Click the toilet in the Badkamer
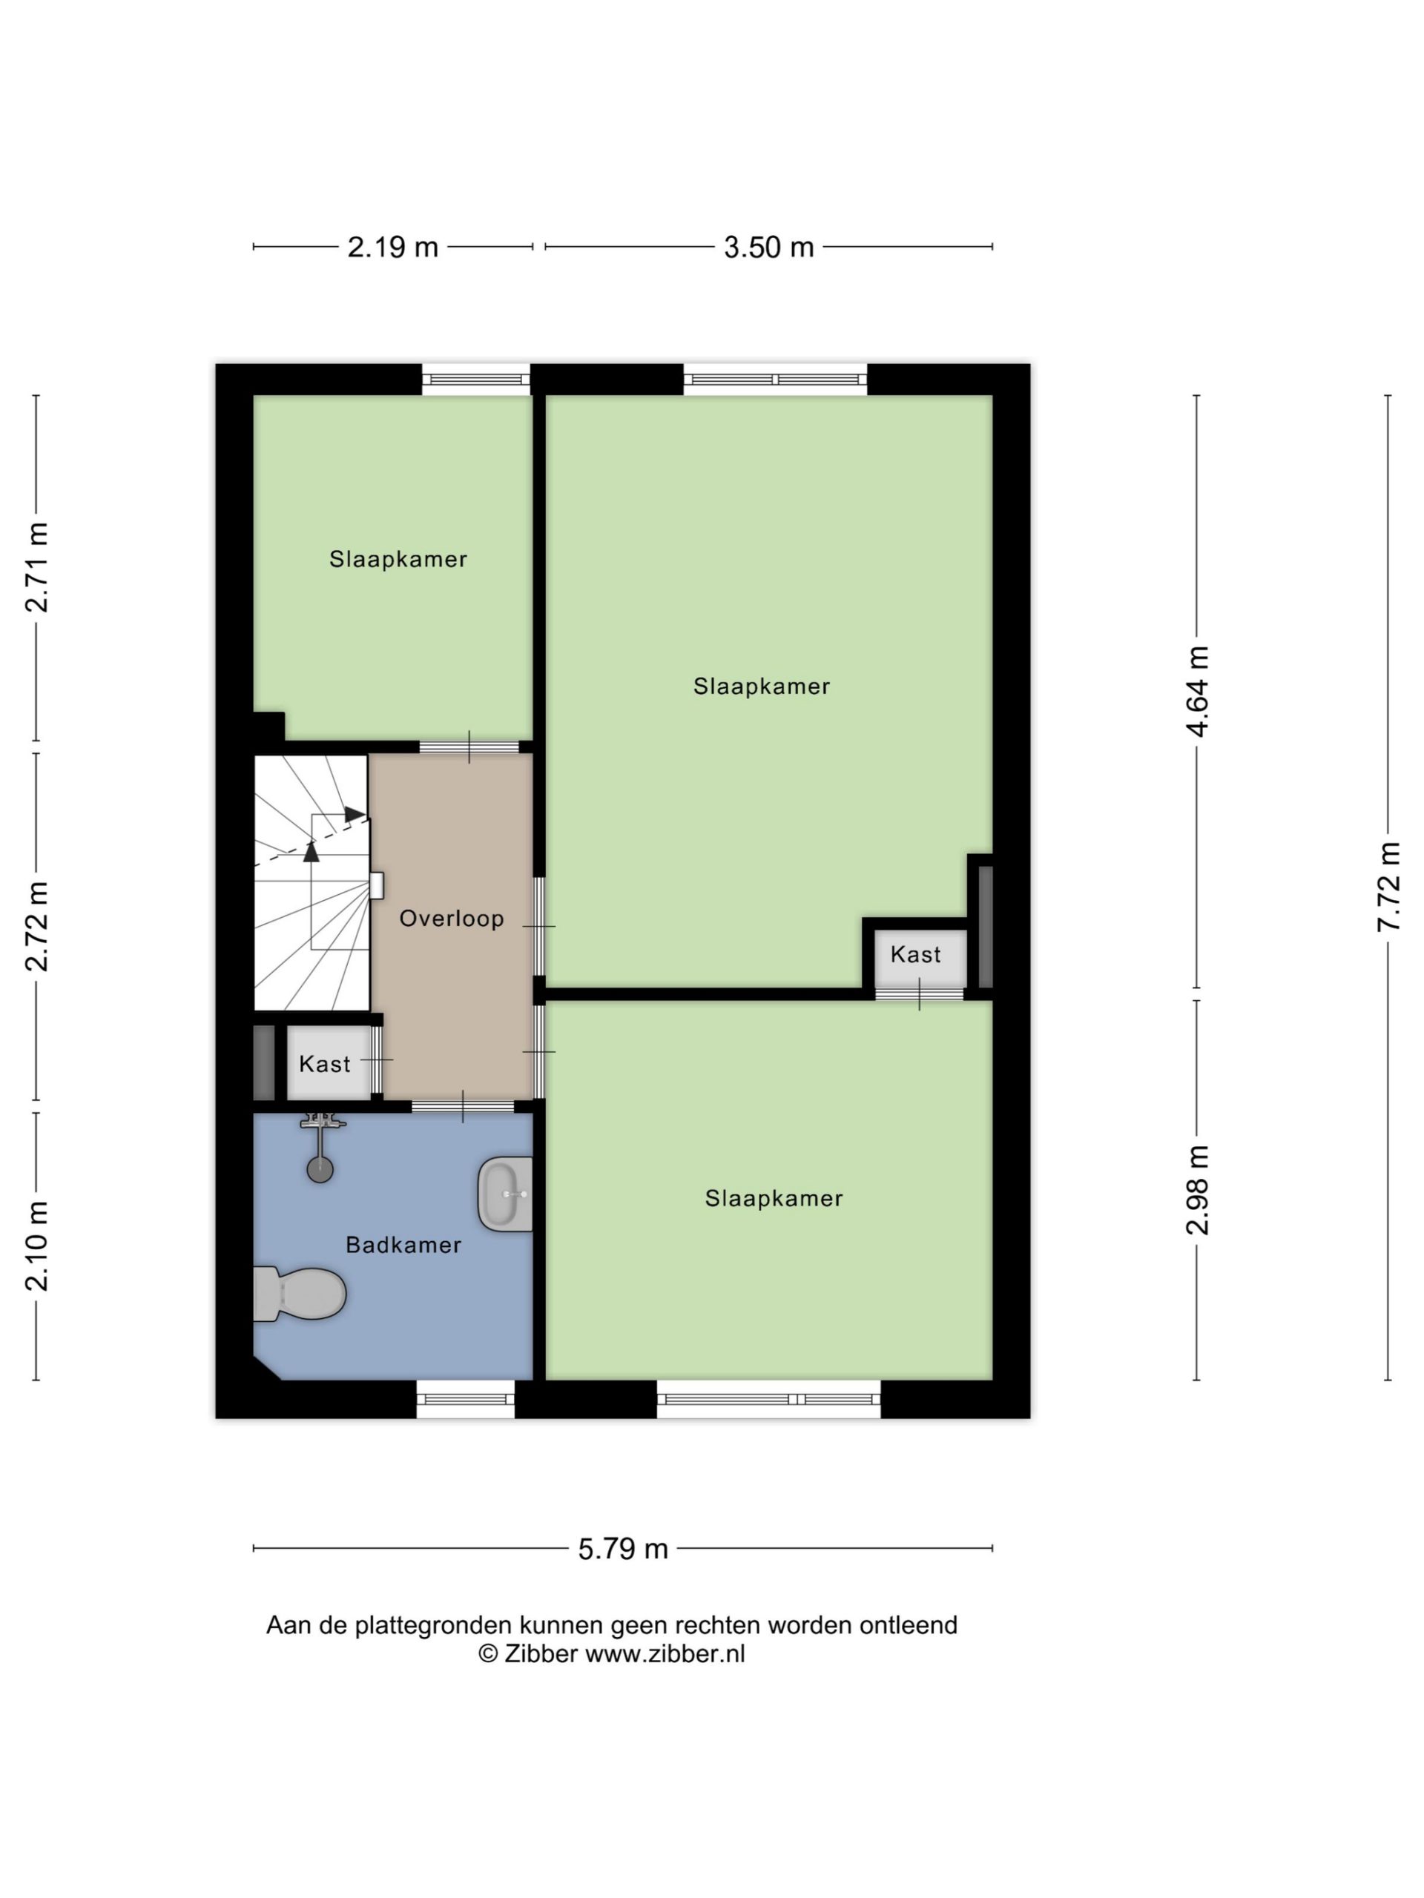tap(298, 1293)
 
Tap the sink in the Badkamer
tap(505, 1194)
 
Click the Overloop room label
tap(452, 918)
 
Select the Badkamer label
tap(403, 1244)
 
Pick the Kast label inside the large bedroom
tap(915, 954)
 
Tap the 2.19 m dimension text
tap(392, 247)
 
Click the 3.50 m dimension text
tap(768, 247)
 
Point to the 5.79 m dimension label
tap(622, 1549)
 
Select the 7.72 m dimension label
tap(1388, 887)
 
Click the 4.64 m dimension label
tap(1196, 692)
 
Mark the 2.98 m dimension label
tap(1196, 1190)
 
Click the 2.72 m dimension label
tap(37, 926)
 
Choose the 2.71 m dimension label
tap(37, 567)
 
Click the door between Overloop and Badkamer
tap(464, 1106)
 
